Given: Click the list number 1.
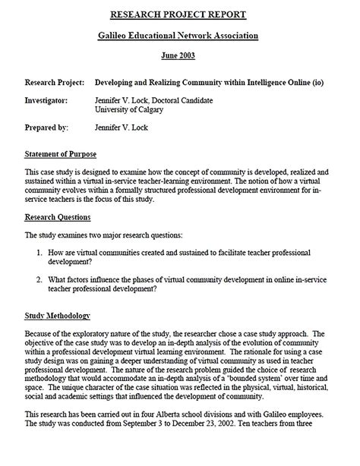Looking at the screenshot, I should pyautogui.click(x=39, y=251).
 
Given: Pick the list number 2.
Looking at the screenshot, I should pyautogui.click(x=39, y=280).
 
